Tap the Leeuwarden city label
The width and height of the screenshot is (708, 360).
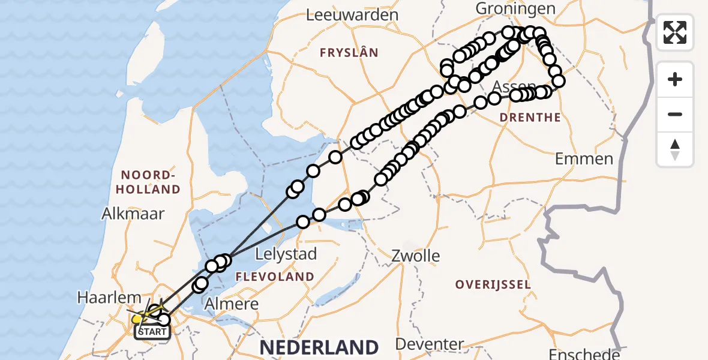pyautogui.click(x=352, y=15)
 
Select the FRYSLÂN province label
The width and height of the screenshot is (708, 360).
pyautogui.click(x=349, y=53)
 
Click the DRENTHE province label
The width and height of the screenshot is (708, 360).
pyautogui.click(x=530, y=118)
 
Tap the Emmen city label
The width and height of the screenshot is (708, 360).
pyautogui.click(x=584, y=159)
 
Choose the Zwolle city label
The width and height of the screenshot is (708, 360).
pyautogui.click(x=416, y=256)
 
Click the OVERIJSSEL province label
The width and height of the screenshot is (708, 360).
pyautogui.click(x=493, y=284)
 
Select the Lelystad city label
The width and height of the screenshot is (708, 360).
pyautogui.click(x=286, y=254)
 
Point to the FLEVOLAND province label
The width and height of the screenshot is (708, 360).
pyautogui.click(x=275, y=277)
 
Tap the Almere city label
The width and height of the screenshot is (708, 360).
pyautogui.click(x=232, y=304)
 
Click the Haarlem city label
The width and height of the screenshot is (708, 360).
pyautogui.click(x=109, y=298)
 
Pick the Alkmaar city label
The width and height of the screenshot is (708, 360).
pyautogui.click(x=133, y=213)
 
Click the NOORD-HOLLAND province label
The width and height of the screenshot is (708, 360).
pyautogui.click(x=151, y=182)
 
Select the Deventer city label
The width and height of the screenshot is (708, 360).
pyautogui.click(x=430, y=344)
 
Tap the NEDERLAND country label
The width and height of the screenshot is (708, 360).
pyautogui.click(x=319, y=347)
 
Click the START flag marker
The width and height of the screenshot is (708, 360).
pyautogui.click(x=152, y=331)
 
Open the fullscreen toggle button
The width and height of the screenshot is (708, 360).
pyautogui.click(x=675, y=32)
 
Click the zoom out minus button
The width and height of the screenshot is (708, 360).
pyautogui.click(x=675, y=114)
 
